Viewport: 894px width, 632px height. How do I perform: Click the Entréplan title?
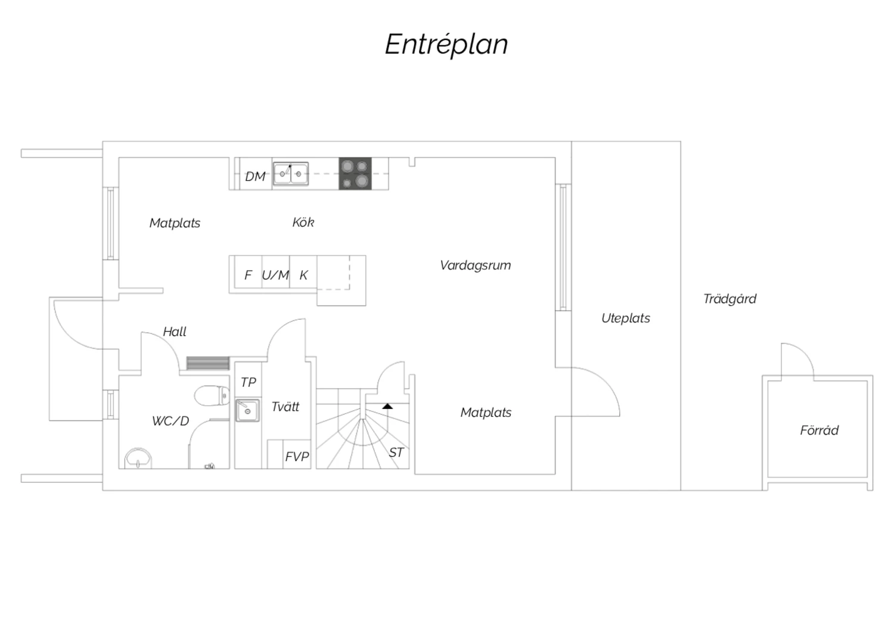pyautogui.click(x=446, y=45)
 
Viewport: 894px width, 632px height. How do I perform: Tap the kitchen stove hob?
pyautogui.click(x=355, y=174)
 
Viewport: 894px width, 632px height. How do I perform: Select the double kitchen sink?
pyautogui.click(x=291, y=174)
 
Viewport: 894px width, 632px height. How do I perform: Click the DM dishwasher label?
pyautogui.click(x=255, y=176)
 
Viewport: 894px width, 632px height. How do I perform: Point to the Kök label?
pyautogui.click(x=303, y=222)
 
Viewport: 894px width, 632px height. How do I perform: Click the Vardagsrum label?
pyautogui.click(x=475, y=265)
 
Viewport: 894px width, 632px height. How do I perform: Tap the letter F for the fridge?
pyautogui.click(x=248, y=275)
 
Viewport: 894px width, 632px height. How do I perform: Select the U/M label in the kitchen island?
pyautogui.click(x=275, y=275)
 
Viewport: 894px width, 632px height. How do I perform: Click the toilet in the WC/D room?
pyautogui.click(x=212, y=395)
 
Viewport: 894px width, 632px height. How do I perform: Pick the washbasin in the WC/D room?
pyautogui.click(x=138, y=458)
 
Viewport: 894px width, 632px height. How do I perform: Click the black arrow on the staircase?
pyautogui.click(x=387, y=406)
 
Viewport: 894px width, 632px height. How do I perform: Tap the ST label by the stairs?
pyautogui.click(x=396, y=453)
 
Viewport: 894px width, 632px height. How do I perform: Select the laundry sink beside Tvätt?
pyautogui.click(x=247, y=410)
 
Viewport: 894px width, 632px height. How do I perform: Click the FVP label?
pyautogui.click(x=297, y=456)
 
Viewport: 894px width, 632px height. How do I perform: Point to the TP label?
pyautogui.click(x=249, y=382)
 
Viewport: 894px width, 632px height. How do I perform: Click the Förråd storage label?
pyautogui.click(x=819, y=430)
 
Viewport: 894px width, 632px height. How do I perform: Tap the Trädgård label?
pyautogui.click(x=730, y=299)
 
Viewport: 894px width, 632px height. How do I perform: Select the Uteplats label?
pyautogui.click(x=625, y=318)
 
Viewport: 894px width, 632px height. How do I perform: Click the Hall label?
pyautogui.click(x=175, y=332)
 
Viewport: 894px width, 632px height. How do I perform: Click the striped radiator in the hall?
pyautogui.click(x=208, y=363)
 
